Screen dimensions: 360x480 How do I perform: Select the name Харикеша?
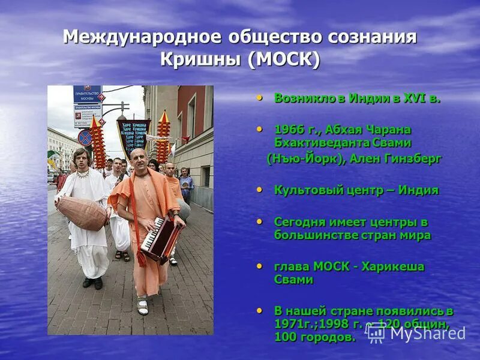395,266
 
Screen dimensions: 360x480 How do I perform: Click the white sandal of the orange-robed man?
142,307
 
